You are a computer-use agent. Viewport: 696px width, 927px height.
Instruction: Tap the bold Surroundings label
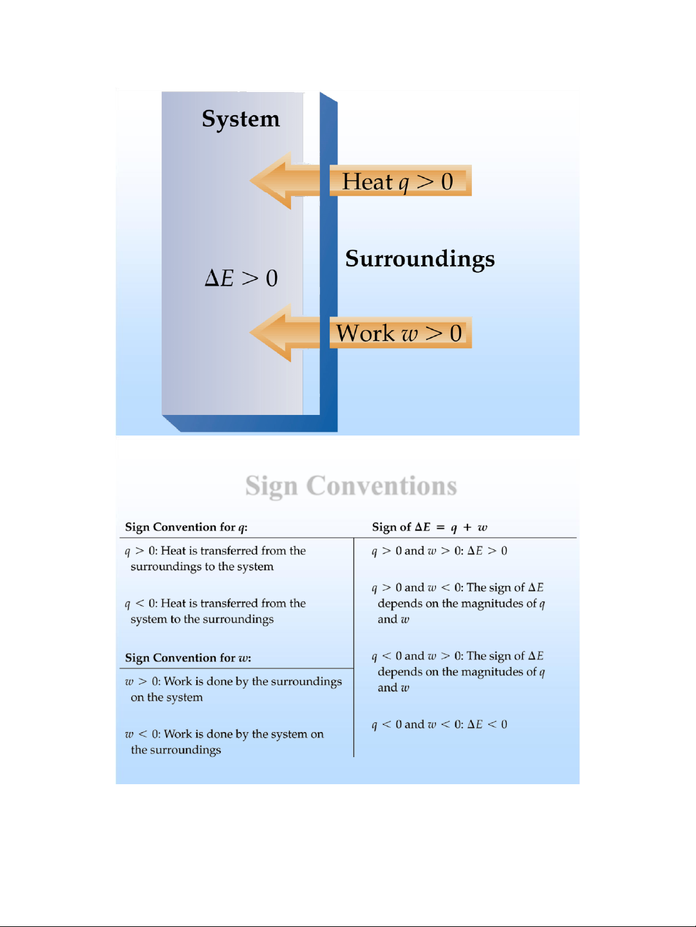(x=420, y=259)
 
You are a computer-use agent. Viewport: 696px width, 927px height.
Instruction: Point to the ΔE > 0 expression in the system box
(x=241, y=279)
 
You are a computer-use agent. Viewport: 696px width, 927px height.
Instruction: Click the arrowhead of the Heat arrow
(x=270, y=181)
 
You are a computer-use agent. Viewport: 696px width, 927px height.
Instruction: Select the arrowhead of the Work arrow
(x=270, y=333)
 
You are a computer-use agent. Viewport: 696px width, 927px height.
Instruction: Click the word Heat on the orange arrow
(x=367, y=181)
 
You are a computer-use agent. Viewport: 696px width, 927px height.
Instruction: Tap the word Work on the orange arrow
(x=364, y=333)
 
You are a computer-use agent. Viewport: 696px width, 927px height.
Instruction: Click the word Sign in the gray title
(x=271, y=486)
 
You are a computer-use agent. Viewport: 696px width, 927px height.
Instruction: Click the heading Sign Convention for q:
(x=186, y=527)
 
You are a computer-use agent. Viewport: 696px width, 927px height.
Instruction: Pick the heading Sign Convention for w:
(x=188, y=657)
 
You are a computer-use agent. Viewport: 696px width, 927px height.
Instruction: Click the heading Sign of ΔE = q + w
(x=429, y=527)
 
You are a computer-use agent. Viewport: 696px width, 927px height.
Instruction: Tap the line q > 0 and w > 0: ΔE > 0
(x=440, y=551)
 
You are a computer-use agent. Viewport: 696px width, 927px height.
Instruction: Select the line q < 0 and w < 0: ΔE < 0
(x=440, y=725)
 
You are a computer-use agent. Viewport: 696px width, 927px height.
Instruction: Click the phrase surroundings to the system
(x=202, y=567)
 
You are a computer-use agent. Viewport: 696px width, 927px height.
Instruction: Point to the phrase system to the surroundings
(x=202, y=620)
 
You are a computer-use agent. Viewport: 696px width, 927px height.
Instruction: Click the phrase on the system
(x=167, y=697)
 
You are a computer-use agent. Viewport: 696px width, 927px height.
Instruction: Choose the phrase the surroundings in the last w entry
(x=176, y=750)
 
